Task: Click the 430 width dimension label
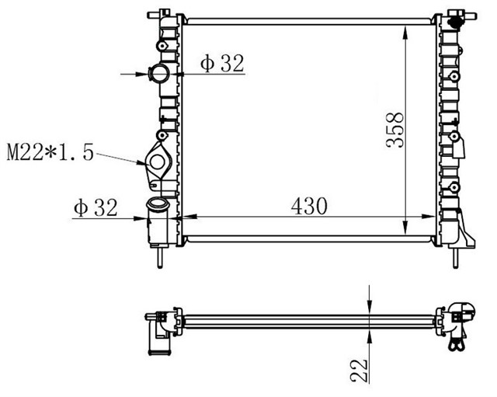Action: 309,206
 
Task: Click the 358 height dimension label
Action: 395,130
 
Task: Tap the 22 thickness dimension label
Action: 359,371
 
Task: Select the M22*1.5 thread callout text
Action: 50,152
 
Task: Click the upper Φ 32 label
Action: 222,63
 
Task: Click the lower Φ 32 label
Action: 96,207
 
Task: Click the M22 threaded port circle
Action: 157,162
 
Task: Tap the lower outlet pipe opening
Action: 158,203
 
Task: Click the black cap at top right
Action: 455,23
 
